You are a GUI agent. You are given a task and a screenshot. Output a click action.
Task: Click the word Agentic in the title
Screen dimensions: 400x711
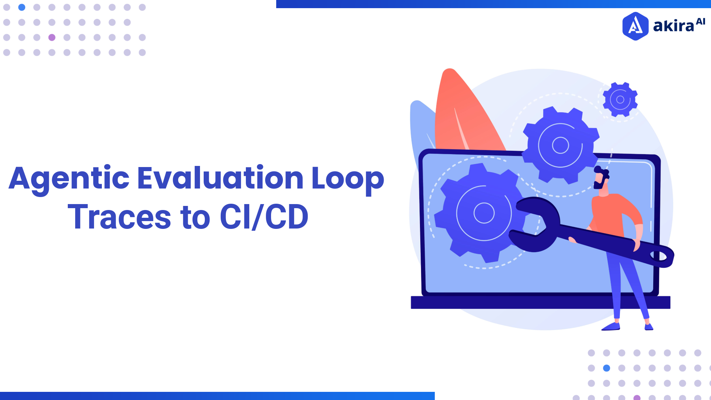(69, 179)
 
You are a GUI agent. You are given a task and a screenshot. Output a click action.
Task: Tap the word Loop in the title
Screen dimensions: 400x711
(348, 179)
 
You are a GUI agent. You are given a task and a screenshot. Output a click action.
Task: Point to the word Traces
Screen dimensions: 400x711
(119, 217)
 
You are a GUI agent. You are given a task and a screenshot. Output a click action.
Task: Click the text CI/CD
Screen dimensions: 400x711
(264, 217)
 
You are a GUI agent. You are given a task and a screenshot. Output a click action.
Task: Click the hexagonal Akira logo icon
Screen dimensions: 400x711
(635, 26)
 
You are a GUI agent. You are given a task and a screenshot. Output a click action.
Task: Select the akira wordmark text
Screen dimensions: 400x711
(674, 26)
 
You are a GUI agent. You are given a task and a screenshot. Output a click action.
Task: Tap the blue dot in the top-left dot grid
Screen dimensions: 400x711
(22, 7)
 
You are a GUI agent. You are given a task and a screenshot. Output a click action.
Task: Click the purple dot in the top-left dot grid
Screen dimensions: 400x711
(52, 37)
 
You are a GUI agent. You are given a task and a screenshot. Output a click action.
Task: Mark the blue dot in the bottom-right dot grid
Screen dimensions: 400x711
(607, 368)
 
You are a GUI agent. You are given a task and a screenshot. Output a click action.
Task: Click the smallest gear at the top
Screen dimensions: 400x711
(620, 100)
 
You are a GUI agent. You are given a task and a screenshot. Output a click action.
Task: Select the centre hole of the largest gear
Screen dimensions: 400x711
(484, 213)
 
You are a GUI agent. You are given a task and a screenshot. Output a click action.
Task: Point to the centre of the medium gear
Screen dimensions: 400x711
(560, 145)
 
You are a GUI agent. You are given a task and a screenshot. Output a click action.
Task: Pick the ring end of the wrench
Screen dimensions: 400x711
(661, 256)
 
